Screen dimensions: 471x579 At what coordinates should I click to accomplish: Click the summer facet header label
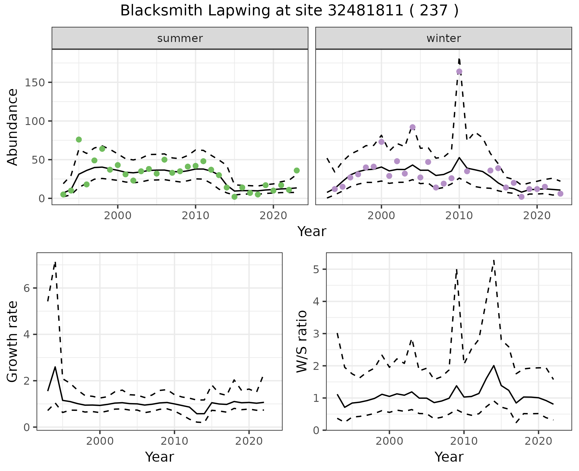pyautogui.click(x=180, y=38)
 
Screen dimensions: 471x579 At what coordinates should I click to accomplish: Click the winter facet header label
pyautogui.click(x=444, y=38)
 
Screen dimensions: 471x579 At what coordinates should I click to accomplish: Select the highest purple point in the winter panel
pyautogui.click(x=459, y=72)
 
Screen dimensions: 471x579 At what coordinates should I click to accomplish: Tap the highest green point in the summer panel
pyautogui.click(x=79, y=139)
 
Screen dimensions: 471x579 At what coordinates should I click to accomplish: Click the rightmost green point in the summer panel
pyautogui.click(x=297, y=171)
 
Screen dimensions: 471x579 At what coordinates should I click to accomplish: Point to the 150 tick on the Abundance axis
pyautogui.click(x=35, y=82)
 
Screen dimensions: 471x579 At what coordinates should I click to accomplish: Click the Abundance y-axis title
pyautogui.click(x=13, y=127)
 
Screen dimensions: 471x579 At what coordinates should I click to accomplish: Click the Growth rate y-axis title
pyautogui.click(x=13, y=342)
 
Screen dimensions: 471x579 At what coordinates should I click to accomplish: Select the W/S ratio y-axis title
pyautogui.click(x=302, y=341)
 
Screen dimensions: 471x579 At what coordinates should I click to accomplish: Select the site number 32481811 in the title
pyautogui.click(x=365, y=11)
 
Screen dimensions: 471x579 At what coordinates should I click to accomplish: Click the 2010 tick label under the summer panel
pyautogui.click(x=195, y=216)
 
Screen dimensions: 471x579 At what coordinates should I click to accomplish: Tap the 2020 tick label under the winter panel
pyautogui.click(x=537, y=216)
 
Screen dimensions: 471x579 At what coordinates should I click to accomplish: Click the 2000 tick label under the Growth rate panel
pyautogui.click(x=100, y=441)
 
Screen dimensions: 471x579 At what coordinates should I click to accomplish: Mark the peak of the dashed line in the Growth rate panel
pyautogui.click(x=55, y=262)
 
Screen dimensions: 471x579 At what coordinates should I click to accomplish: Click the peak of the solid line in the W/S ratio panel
pyautogui.click(x=494, y=366)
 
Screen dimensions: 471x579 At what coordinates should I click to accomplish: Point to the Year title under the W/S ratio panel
pyautogui.click(x=449, y=457)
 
